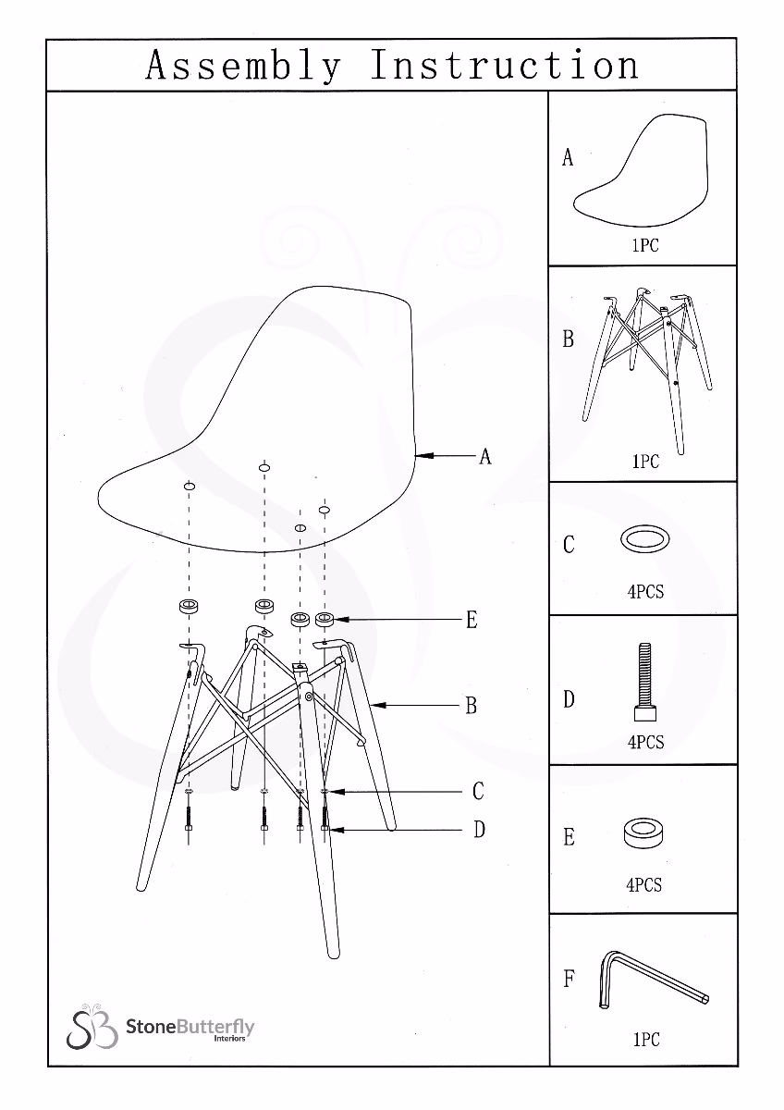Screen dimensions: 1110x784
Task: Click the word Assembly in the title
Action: coord(243,66)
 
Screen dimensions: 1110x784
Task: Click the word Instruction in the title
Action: coord(504,66)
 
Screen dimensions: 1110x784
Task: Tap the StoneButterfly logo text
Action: coord(190,1028)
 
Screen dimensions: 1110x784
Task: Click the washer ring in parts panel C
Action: coord(645,539)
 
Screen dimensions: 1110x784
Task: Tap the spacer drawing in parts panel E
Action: coord(644,832)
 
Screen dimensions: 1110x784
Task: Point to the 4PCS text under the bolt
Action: coord(645,743)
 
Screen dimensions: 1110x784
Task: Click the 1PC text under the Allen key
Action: coord(645,1040)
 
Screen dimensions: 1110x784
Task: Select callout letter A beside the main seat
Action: coord(484,456)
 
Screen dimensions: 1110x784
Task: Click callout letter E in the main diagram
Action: coord(471,620)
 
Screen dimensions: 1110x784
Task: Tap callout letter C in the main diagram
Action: coord(477,792)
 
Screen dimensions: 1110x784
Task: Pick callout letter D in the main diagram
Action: coord(479,830)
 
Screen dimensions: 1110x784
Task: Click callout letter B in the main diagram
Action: coord(471,706)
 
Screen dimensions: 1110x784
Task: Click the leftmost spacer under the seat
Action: coord(190,606)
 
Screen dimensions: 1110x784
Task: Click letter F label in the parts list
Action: coord(569,979)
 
